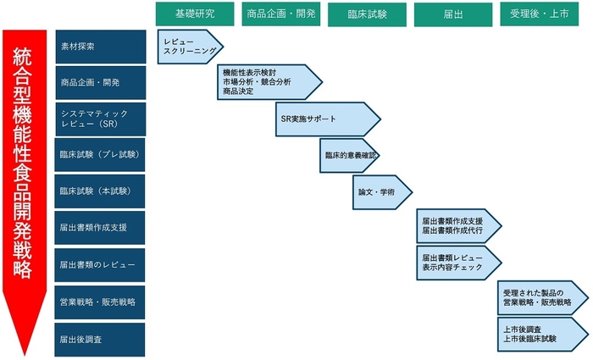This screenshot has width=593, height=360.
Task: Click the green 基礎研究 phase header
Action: point(195,14)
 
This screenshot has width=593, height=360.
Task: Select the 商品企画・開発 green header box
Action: point(281,14)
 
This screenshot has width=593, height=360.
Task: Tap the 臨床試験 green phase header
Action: point(368,14)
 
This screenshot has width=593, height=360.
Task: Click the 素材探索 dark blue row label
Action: point(100,47)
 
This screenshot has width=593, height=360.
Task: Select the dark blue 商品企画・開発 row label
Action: point(100,82)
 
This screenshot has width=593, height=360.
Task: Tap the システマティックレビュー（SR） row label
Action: point(100,119)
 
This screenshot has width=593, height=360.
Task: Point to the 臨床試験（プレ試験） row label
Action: point(100,156)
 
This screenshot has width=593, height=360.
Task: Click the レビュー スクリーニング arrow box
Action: point(189,47)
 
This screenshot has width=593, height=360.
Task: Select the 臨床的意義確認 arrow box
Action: point(349,156)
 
